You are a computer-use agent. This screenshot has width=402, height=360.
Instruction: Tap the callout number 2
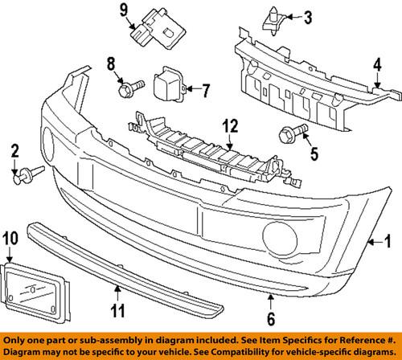(14, 150)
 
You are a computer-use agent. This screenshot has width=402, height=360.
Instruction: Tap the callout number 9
(125, 10)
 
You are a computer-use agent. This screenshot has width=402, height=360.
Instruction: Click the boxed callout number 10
(10, 238)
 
